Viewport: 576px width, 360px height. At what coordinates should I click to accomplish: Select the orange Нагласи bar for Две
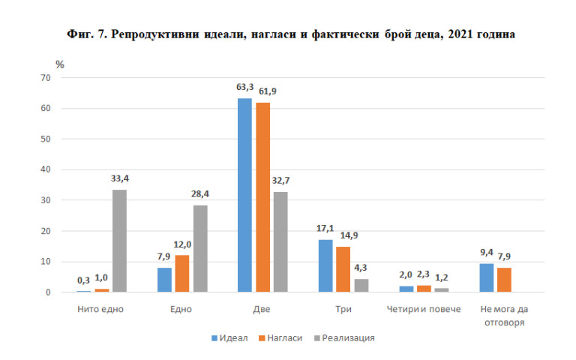point(262,197)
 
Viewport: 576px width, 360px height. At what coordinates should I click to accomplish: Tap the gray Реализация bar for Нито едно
point(119,241)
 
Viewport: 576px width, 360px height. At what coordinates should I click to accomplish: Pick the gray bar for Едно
point(200,248)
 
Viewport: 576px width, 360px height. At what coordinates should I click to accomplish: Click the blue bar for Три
point(325,265)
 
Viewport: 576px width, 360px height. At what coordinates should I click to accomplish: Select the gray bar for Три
point(361,285)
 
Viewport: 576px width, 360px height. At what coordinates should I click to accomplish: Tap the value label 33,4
point(120,178)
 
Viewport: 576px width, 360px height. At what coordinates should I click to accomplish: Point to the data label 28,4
point(200,194)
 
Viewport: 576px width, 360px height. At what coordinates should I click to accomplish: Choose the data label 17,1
point(325,229)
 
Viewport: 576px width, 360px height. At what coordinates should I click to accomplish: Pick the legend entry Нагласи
point(283,338)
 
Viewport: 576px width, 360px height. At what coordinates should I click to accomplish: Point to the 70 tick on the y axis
point(46,78)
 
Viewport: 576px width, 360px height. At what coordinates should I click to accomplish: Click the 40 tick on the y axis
point(46,169)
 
